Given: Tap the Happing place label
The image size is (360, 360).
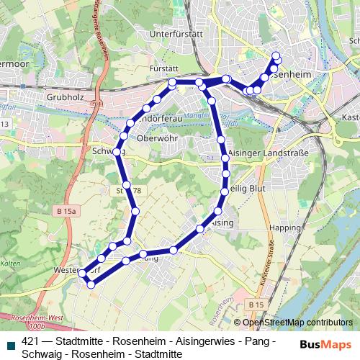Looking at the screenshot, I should coord(284,228).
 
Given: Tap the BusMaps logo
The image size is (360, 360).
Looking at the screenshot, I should coord(325,343).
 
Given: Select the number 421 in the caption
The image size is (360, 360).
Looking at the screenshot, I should coord(31,341).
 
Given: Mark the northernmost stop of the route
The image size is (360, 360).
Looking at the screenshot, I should coord(276,55).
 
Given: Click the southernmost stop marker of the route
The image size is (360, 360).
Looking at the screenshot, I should coord(91,285).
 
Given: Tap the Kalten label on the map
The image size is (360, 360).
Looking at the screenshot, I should coord(10,264).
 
